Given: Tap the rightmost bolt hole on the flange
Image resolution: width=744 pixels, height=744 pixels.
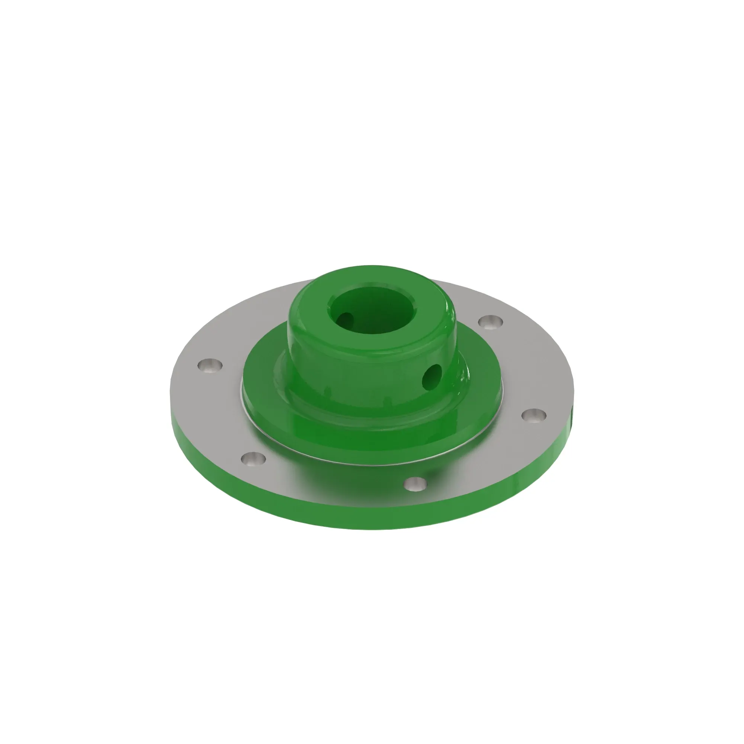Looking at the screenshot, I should pos(534,415).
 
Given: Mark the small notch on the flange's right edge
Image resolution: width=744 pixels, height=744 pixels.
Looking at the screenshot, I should pos(572,414).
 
